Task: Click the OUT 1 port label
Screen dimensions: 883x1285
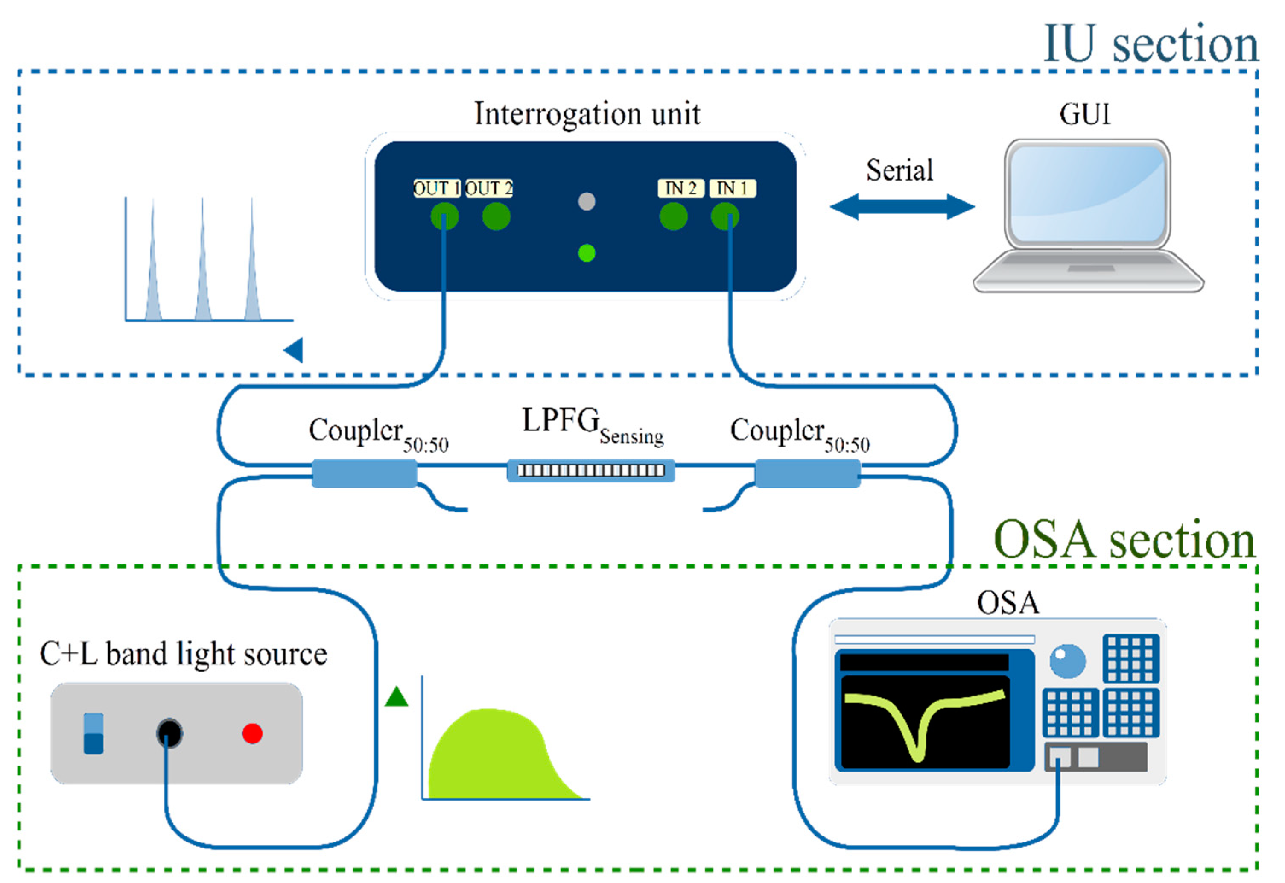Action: [436, 189]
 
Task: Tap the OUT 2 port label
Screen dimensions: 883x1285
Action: [489, 189]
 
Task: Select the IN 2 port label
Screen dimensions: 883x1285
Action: [680, 189]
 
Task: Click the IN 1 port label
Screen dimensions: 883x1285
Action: [733, 189]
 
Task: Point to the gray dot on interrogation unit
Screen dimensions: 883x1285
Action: [586, 202]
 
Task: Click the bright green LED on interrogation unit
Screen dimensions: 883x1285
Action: [586, 253]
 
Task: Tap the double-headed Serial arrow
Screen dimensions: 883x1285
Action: [902, 207]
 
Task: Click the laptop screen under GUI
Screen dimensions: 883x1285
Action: [1087, 194]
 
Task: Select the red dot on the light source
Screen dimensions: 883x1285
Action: [252, 734]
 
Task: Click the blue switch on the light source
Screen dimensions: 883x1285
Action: [93, 734]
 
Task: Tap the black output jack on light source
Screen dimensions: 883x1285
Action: [169, 734]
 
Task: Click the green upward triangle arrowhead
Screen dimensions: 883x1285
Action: [396, 697]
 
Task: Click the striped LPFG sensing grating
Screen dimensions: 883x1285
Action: [590, 470]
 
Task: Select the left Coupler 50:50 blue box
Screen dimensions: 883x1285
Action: [364, 474]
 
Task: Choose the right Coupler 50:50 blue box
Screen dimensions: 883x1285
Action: [807, 474]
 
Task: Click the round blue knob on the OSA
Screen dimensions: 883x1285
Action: [1067, 661]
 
